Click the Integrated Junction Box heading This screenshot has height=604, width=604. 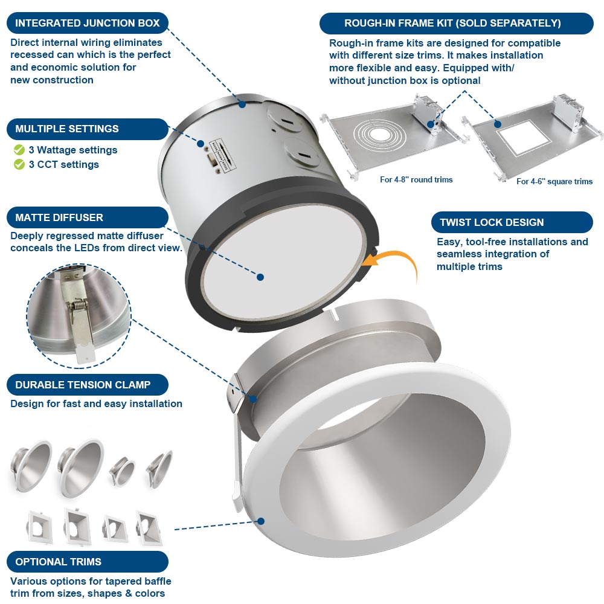[87, 24]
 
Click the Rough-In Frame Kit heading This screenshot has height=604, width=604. [452, 24]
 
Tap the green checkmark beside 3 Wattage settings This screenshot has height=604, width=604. [19, 150]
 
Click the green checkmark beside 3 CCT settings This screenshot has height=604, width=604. [19, 164]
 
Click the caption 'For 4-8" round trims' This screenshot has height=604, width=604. [416, 179]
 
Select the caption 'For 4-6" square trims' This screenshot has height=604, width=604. [554, 181]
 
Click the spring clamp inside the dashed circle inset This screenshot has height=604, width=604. [81, 326]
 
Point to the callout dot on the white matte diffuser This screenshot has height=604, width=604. [260, 277]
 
